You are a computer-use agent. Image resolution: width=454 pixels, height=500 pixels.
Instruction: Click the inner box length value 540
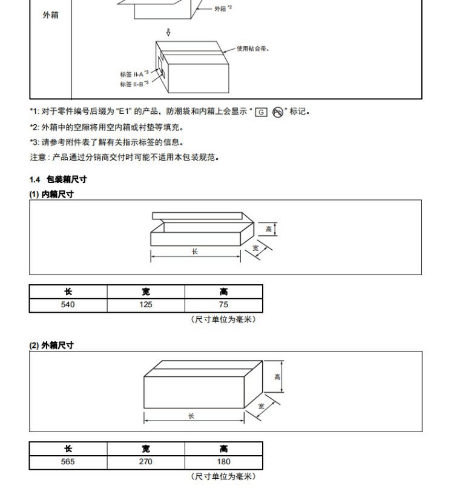click(68, 305)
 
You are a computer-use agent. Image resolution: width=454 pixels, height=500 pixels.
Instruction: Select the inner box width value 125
click(146, 305)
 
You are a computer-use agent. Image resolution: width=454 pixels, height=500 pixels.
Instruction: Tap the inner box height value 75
click(224, 305)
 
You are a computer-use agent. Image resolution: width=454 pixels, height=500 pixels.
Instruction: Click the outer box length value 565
click(68, 462)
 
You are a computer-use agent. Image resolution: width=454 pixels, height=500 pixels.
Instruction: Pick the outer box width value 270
click(146, 462)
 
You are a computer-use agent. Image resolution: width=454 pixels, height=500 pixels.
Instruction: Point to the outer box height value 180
click(224, 462)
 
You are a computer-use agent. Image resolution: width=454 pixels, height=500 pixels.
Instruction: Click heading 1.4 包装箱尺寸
click(58, 179)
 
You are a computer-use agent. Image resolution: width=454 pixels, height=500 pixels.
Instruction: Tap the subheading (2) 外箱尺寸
click(52, 345)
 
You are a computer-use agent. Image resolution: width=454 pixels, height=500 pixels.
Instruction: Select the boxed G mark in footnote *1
click(261, 112)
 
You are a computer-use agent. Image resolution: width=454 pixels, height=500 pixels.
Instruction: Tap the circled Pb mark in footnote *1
click(278, 112)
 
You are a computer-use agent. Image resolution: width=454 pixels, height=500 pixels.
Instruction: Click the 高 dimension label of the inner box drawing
click(269, 229)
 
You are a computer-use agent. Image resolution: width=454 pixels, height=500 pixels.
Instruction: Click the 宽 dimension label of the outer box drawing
click(262, 406)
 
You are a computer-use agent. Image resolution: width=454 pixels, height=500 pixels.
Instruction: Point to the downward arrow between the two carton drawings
click(169, 32)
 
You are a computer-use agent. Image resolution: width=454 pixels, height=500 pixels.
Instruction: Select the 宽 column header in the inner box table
click(146, 292)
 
